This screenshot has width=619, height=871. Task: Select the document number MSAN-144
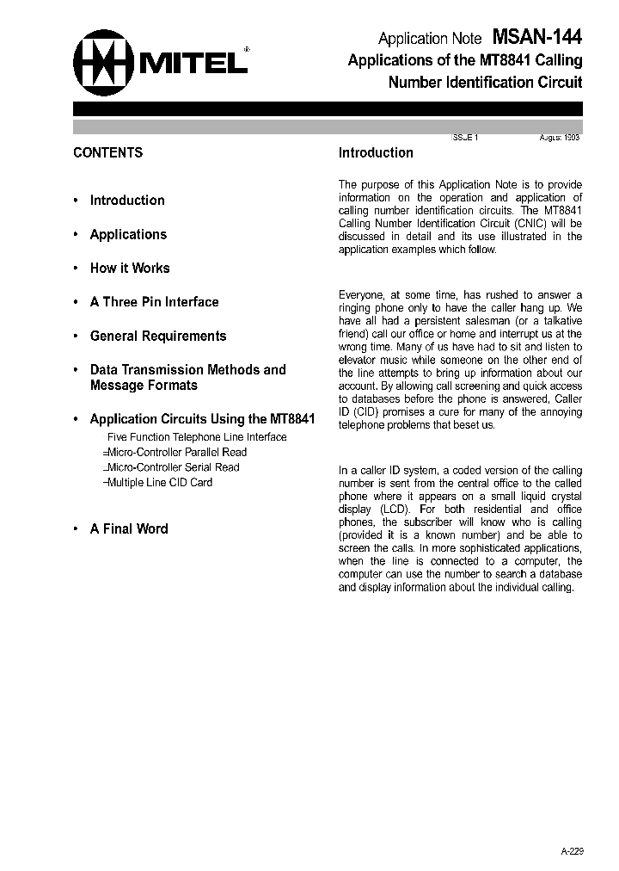click(x=537, y=38)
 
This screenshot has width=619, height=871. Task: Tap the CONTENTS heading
click(x=108, y=153)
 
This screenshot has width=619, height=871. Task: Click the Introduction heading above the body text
click(x=376, y=153)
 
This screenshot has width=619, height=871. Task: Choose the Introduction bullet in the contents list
click(x=127, y=201)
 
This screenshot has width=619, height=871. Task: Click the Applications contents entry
click(x=128, y=234)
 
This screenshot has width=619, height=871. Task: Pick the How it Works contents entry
click(x=130, y=269)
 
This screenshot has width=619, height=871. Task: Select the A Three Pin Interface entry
click(x=154, y=302)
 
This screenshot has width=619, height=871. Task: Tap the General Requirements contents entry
click(x=158, y=337)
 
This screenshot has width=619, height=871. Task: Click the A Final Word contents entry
click(x=129, y=529)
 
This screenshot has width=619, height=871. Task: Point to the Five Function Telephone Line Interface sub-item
click(x=197, y=437)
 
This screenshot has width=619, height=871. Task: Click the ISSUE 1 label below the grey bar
click(x=464, y=138)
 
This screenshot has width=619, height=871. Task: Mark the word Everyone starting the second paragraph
click(x=362, y=295)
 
